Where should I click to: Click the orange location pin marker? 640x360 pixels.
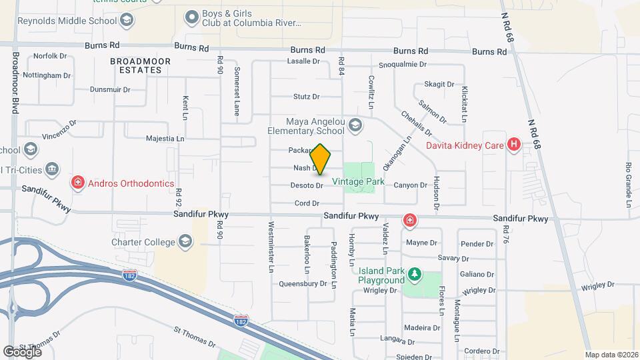pos(321,159)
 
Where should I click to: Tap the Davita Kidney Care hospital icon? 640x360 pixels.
pos(513,145)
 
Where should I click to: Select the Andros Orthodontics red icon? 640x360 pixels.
pos(78,183)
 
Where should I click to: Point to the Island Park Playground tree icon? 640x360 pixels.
pos(414,274)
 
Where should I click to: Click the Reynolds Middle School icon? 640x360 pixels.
pos(125,21)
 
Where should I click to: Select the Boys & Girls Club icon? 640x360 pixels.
pos(192,16)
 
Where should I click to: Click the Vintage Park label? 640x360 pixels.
pos(358,181)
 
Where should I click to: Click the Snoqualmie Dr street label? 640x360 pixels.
pos(401,65)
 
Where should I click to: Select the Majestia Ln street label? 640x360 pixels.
pos(165,139)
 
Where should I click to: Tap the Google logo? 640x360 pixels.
pos(22,351)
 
